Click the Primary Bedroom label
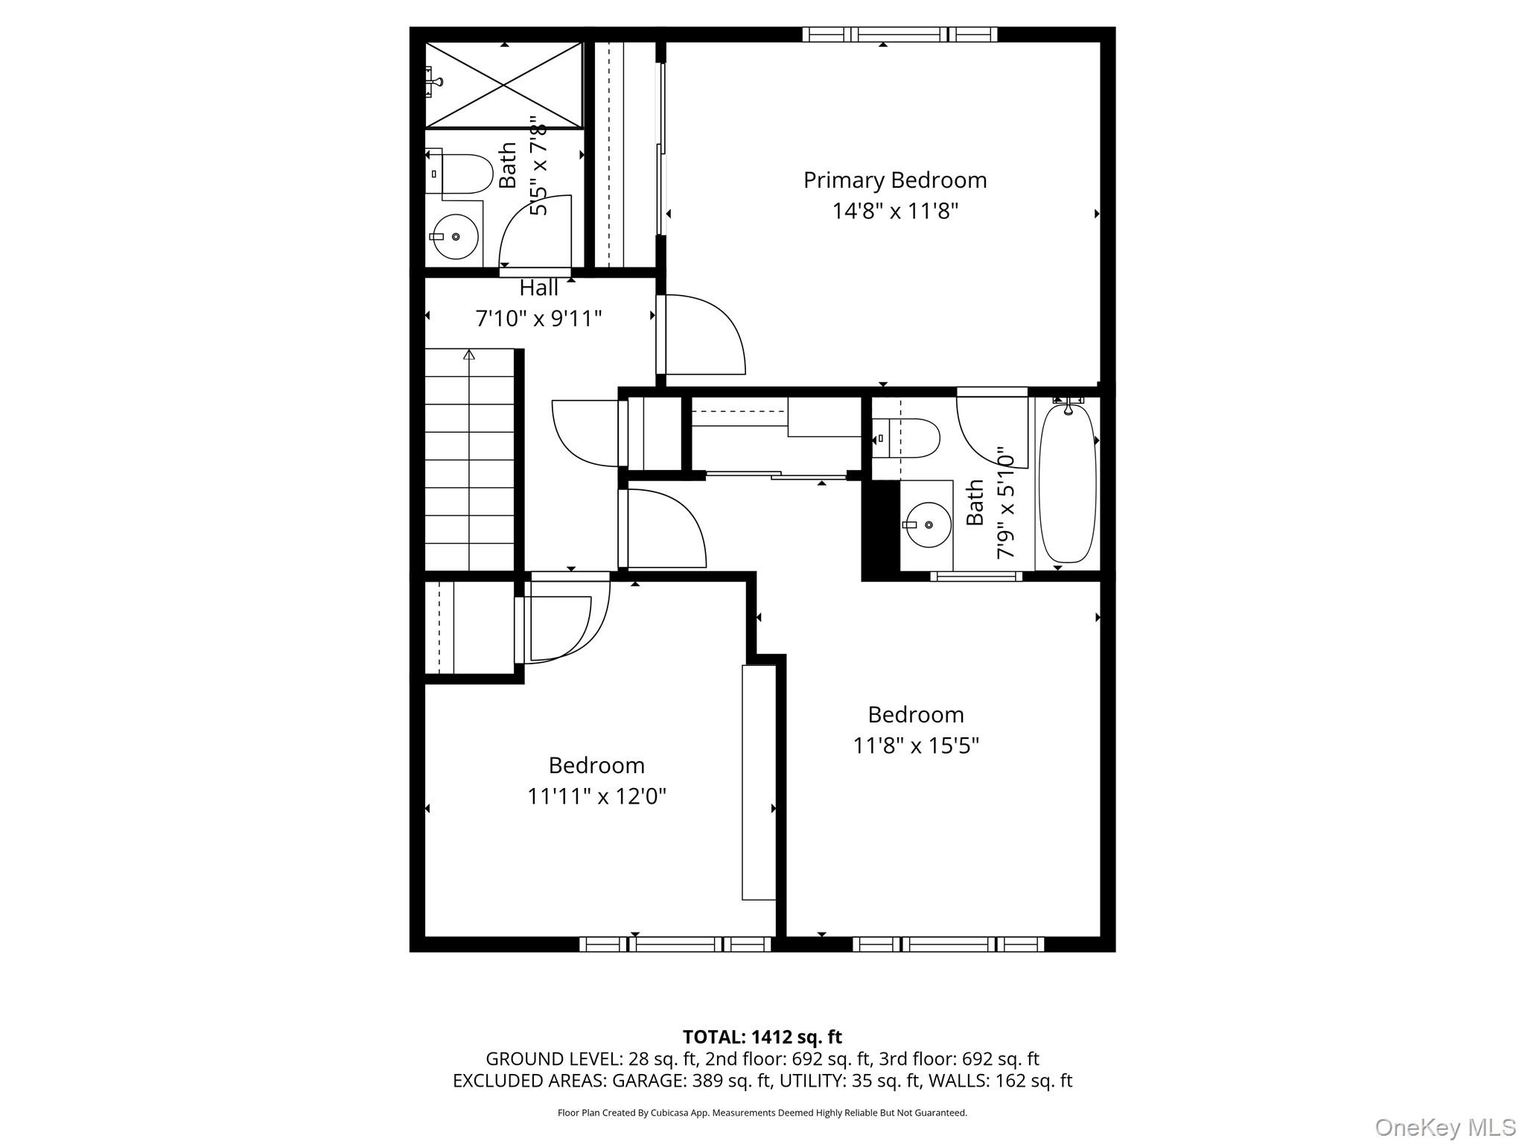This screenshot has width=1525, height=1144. pos(894,180)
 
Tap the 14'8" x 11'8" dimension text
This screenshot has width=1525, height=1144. pos(894,212)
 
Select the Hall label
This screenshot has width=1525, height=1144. pos(538,288)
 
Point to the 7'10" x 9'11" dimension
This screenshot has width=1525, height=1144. pos(538,319)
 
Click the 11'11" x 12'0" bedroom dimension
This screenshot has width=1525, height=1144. pos(596,797)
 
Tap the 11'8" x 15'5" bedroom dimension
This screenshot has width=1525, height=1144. pos(915,746)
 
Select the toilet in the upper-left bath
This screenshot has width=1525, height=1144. pos(462,174)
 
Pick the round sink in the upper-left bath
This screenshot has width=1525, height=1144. pos(455,237)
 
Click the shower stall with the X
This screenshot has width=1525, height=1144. pos(504,85)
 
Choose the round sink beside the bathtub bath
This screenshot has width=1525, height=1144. pos(928,525)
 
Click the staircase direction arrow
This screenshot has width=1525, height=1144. pos(469,355)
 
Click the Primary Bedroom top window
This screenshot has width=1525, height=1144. pos(900,34)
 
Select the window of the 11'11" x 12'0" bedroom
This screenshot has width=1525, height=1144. pos(675,944)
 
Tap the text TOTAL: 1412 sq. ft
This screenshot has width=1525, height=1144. pos(762,1037)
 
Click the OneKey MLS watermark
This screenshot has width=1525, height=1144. pos(1445,1127)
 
